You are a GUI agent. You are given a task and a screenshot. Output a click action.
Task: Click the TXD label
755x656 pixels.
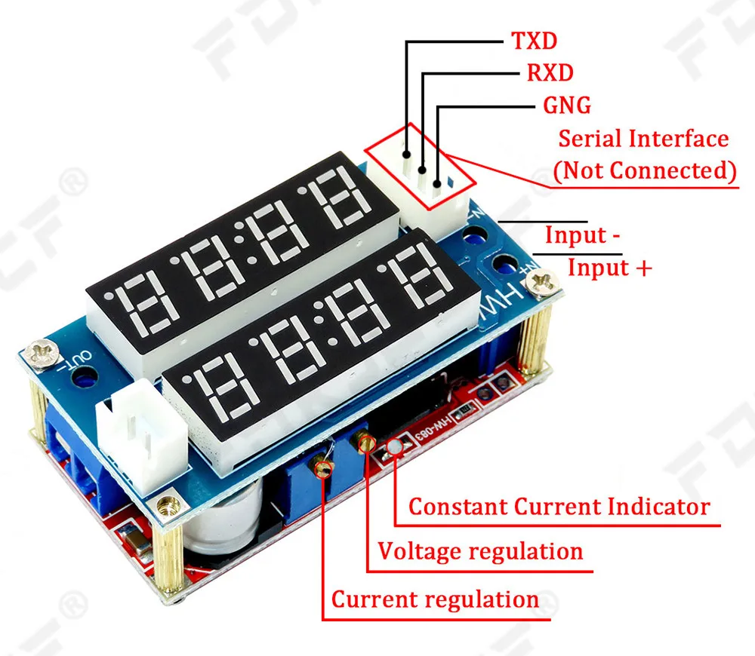tap(534, 41)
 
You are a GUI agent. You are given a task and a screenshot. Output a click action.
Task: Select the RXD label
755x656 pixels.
tap(549, 72)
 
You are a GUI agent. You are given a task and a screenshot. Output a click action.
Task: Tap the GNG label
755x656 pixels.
tap(567, 105)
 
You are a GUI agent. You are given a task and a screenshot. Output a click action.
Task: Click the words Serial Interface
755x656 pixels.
tap(643, 139)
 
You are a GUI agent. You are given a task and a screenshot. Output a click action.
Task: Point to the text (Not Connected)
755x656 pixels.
tap(645, 170)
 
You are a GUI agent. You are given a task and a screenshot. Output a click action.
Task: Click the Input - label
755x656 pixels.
tap(583, 235)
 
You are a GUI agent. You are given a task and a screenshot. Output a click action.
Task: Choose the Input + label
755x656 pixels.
tap(609, 268)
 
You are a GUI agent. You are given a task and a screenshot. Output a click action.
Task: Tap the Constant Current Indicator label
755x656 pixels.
tap(559, 507)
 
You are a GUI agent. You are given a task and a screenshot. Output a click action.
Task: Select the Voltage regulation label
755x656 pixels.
tap(480, 551)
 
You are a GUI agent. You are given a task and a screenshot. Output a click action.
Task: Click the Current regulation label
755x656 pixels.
tap(435, 600)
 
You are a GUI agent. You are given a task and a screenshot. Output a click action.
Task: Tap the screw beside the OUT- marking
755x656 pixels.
tap(39, 351)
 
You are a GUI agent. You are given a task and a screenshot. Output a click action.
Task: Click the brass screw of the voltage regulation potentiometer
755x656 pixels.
tap(367, 443)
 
